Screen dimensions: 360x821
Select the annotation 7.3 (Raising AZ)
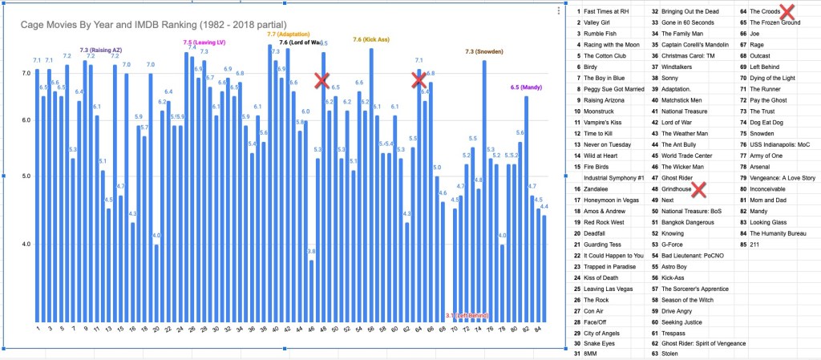click(100, 50)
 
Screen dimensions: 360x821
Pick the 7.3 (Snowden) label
click(485, 51)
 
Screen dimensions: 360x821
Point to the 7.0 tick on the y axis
click(26, 73)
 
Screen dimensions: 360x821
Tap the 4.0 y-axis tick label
click(26, 244)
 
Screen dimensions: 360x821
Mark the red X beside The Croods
click(787, 11)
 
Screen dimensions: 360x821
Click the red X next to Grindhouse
click(699, 189)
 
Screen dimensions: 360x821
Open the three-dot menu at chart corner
click(558, 10)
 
